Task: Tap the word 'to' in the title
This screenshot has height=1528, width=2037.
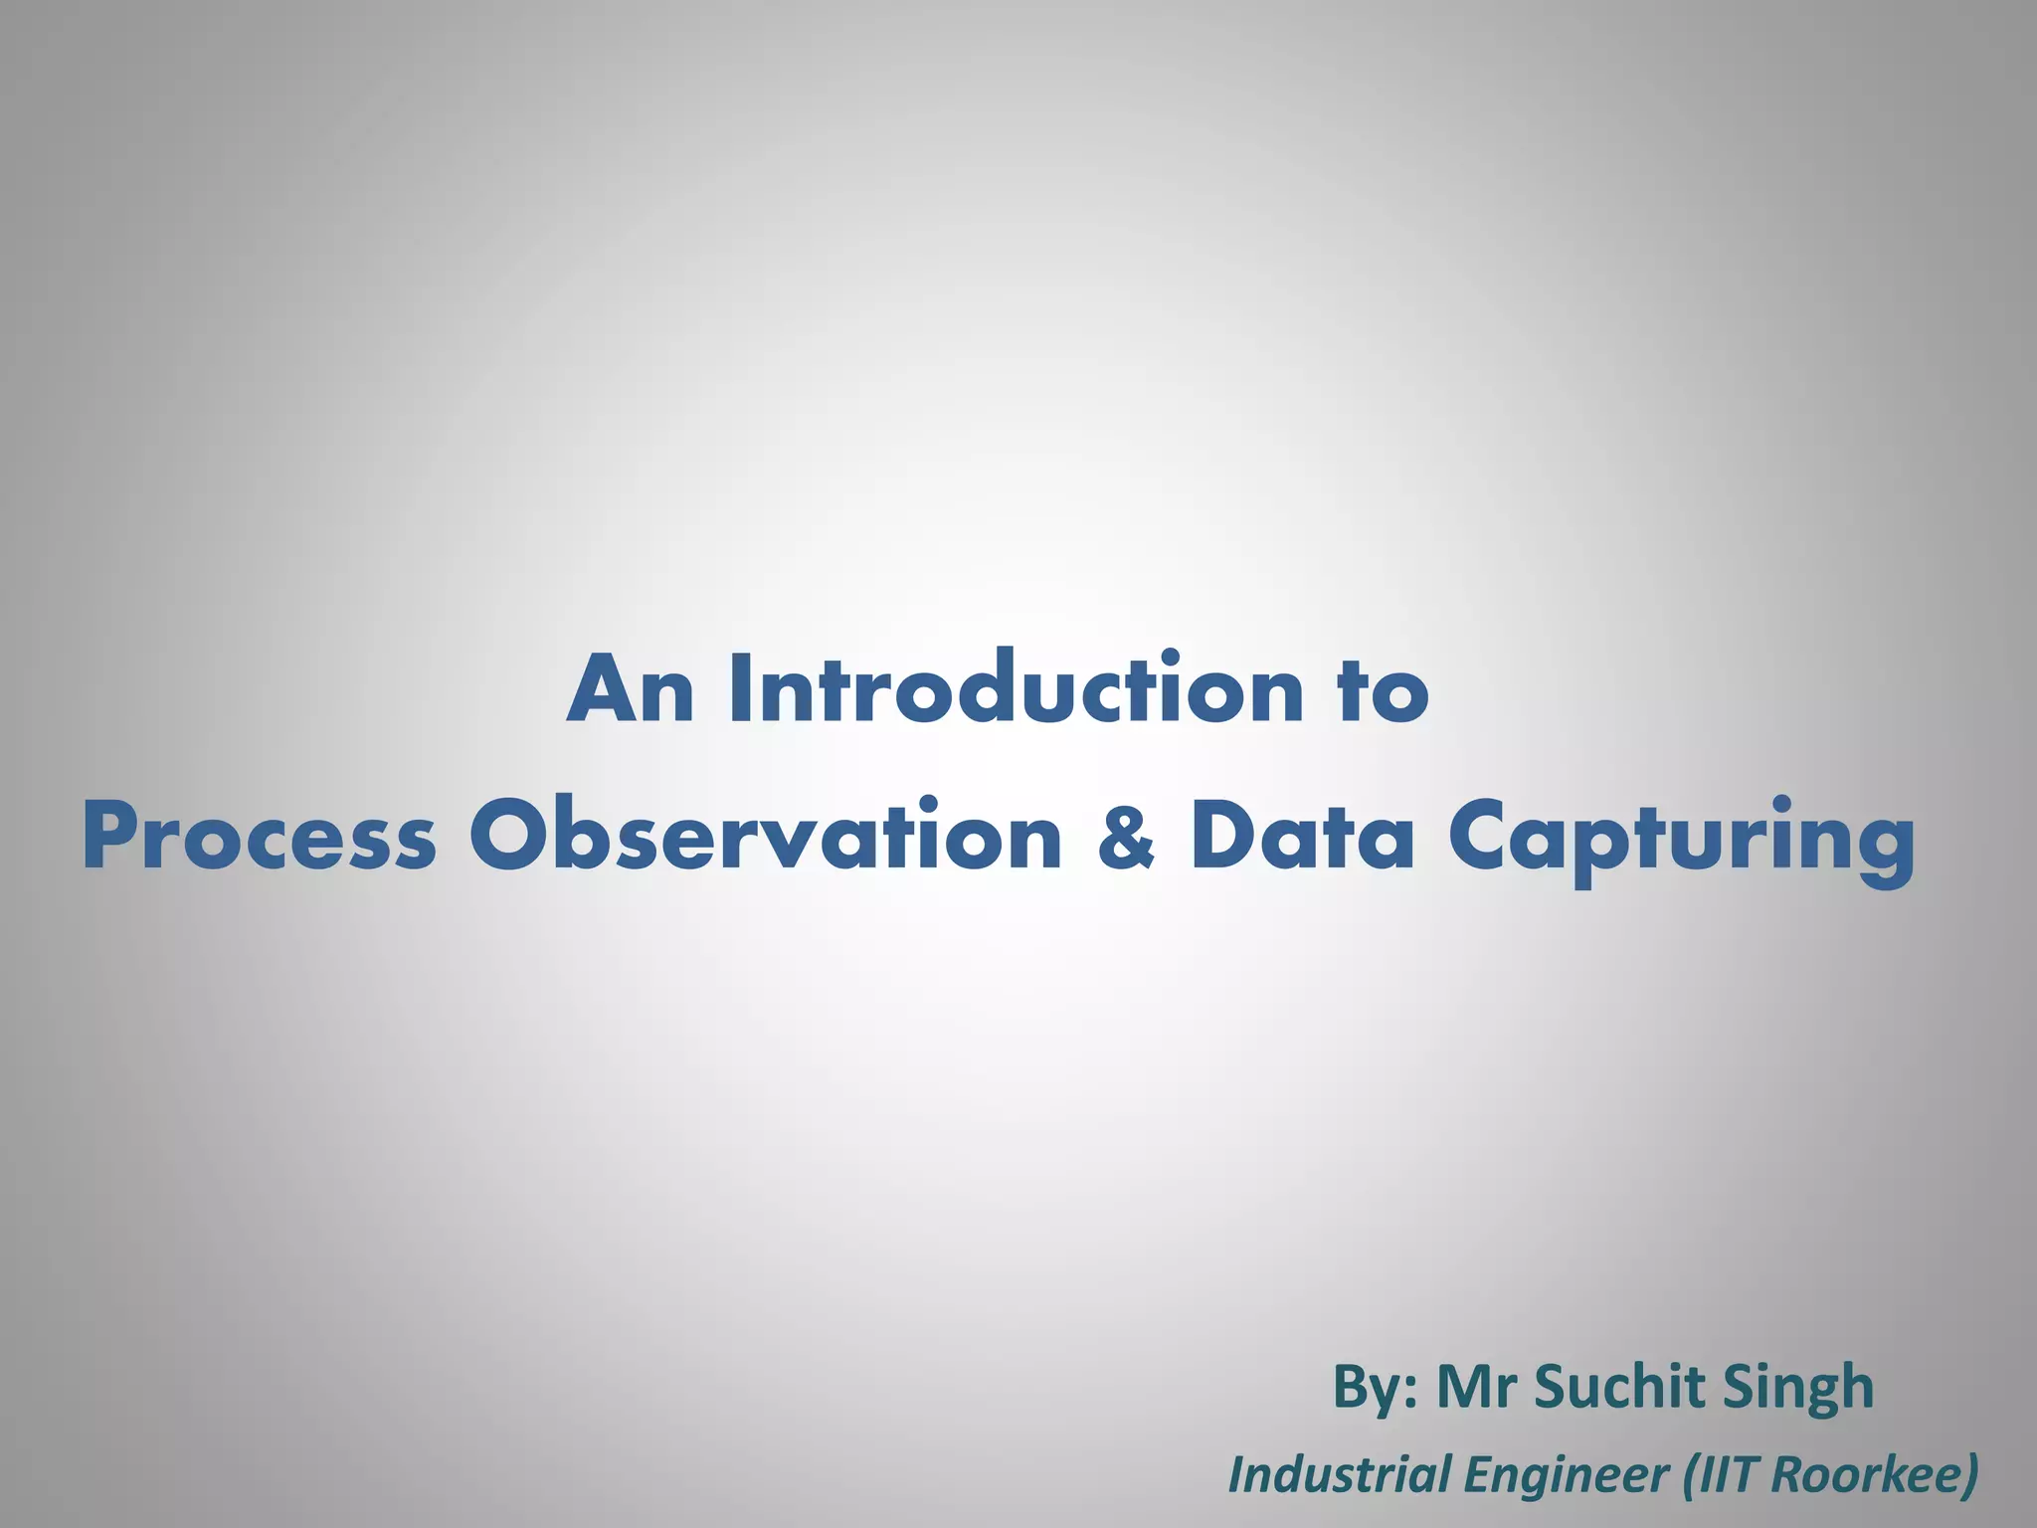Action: pyautogui.click(x=1386, y=691)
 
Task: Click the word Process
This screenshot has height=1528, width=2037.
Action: pyautogui.click(x=260, y=838)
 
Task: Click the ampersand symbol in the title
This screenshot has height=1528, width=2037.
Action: pyautogui.click(x=1128, y=838)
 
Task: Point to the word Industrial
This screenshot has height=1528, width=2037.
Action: pyautogui.click(x=1339, y=1474)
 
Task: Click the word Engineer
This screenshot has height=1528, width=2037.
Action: pyautogui.click(x=1568, y=1476)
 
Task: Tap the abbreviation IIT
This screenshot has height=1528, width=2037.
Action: pyautogui.click(x=1728, y=1474)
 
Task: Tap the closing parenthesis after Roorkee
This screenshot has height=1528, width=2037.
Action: pyautogui.click(x=1968, y=1476)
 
